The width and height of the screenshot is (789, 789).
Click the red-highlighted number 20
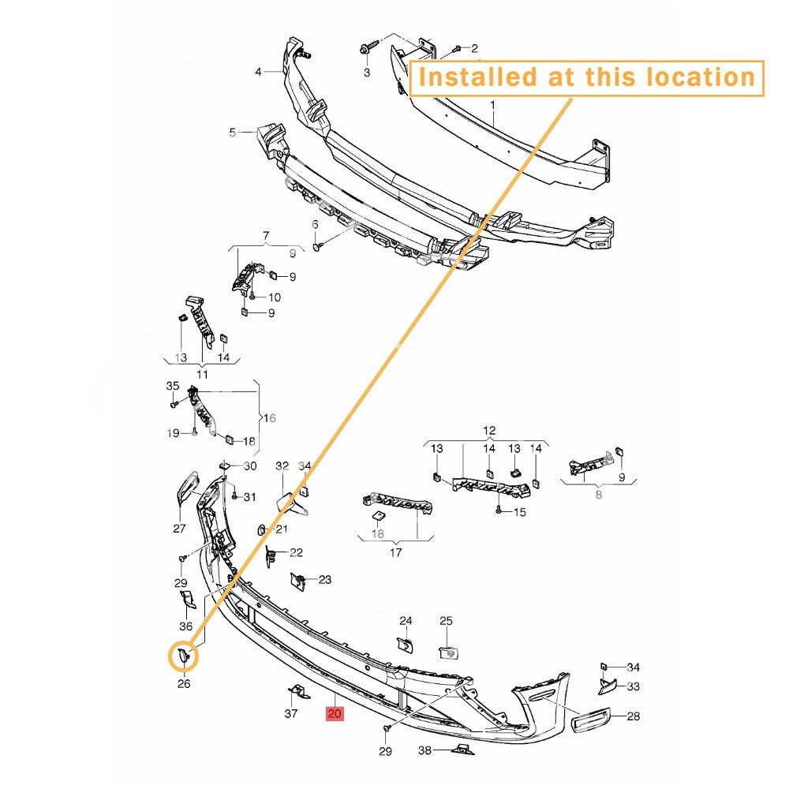point(335,713)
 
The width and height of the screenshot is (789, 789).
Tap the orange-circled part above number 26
point(184,656)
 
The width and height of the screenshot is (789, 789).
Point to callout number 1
point(492,105)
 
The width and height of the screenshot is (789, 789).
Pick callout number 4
point(258,72)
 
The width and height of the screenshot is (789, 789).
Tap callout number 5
point(232,133)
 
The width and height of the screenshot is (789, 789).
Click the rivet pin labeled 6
point(319,246)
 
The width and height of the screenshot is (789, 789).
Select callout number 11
point(202,374)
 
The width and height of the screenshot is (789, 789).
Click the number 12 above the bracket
point(489,431)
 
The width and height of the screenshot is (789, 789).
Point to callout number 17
point(396,552)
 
